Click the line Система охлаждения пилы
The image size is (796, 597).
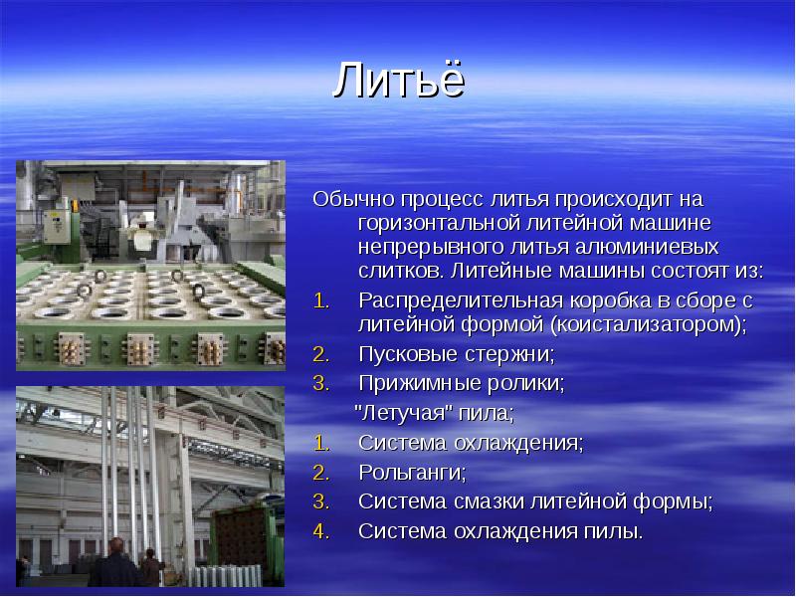tap(500, 531)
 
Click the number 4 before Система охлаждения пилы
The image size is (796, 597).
tap(318, 531)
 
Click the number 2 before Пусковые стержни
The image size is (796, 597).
tap(318, 354)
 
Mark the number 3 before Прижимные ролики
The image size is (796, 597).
tap(318, 383)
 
